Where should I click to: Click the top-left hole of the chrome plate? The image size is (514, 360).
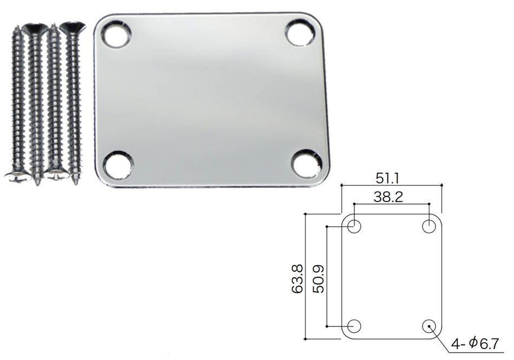[x=117, y=35]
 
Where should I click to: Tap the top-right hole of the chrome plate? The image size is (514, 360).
[x=300, y=33]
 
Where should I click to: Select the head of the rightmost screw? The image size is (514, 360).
[x=71, y=27]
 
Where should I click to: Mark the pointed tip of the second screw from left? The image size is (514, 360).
[x=37, y=183]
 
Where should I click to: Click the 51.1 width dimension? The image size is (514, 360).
[x=391, y=178]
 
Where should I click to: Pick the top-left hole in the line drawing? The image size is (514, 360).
[x=354, y=226]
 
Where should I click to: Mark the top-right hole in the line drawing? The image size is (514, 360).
[x=430, y=226]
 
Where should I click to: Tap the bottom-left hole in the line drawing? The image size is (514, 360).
[x=354, y=326]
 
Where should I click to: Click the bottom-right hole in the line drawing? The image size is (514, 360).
[x=430, y=326]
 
